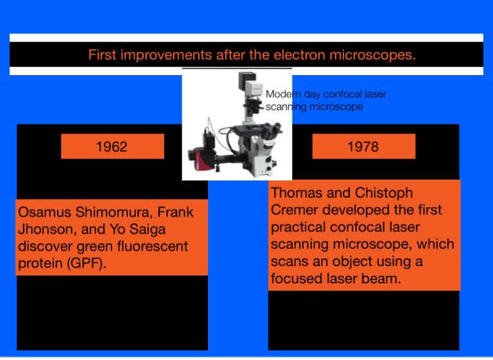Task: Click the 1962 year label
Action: pyautogui.click(x=111, y=146)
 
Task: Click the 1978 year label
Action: pyautogui.click(x=363, y=146)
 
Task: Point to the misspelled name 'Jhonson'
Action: pyautogui.click(x=43, y=229)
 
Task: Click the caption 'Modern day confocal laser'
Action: pyautogui.click(x=326, y=94)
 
